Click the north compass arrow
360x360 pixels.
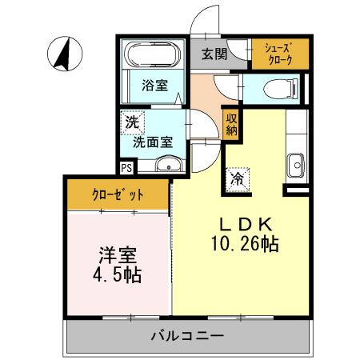[x=63, y=54]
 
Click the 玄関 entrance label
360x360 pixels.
[x=214, y=54]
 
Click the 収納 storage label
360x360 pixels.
[x=231, y=124]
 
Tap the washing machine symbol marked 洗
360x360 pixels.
[x=130, y=124]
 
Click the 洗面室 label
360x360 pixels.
[x=153, y=142]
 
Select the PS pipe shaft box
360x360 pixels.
[x=126, y=168]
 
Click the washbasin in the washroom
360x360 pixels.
[x=167, y=166]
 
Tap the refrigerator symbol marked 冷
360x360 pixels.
[x=238, y=178]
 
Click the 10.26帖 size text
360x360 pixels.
[x=246, y=245]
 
